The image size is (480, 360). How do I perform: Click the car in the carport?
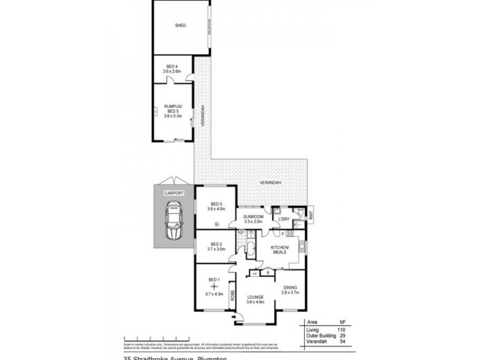click(174, 220)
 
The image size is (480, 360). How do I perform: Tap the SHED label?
click(180, 26)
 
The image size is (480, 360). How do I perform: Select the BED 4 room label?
click(172, 67)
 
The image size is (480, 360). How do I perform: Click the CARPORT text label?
click(174, 193)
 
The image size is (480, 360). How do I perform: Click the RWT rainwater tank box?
click(311, 214)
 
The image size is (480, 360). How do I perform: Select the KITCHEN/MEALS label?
click(280, 251)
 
